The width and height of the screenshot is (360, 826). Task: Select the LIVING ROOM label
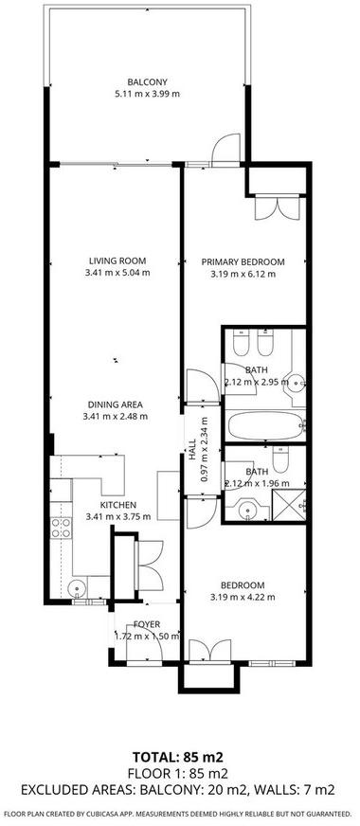(117, 260)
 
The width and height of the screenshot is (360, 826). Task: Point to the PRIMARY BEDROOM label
(243, 261)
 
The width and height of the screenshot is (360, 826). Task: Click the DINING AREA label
(116, 404)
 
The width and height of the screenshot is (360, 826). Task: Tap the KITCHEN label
(118, 505)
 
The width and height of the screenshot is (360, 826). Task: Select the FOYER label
(147, 624)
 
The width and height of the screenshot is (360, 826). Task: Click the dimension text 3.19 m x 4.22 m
(243, 597)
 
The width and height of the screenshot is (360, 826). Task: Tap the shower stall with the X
(289, 505)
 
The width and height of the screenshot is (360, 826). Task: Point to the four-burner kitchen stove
(62, 528)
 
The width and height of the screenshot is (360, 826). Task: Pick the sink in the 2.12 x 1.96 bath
(247, 510)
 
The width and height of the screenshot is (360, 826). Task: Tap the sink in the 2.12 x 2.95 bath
(297, 382)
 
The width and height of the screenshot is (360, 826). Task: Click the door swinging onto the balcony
(225, 150)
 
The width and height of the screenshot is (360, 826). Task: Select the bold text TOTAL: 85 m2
(178, 758)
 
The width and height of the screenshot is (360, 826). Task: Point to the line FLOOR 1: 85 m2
(179, 773)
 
